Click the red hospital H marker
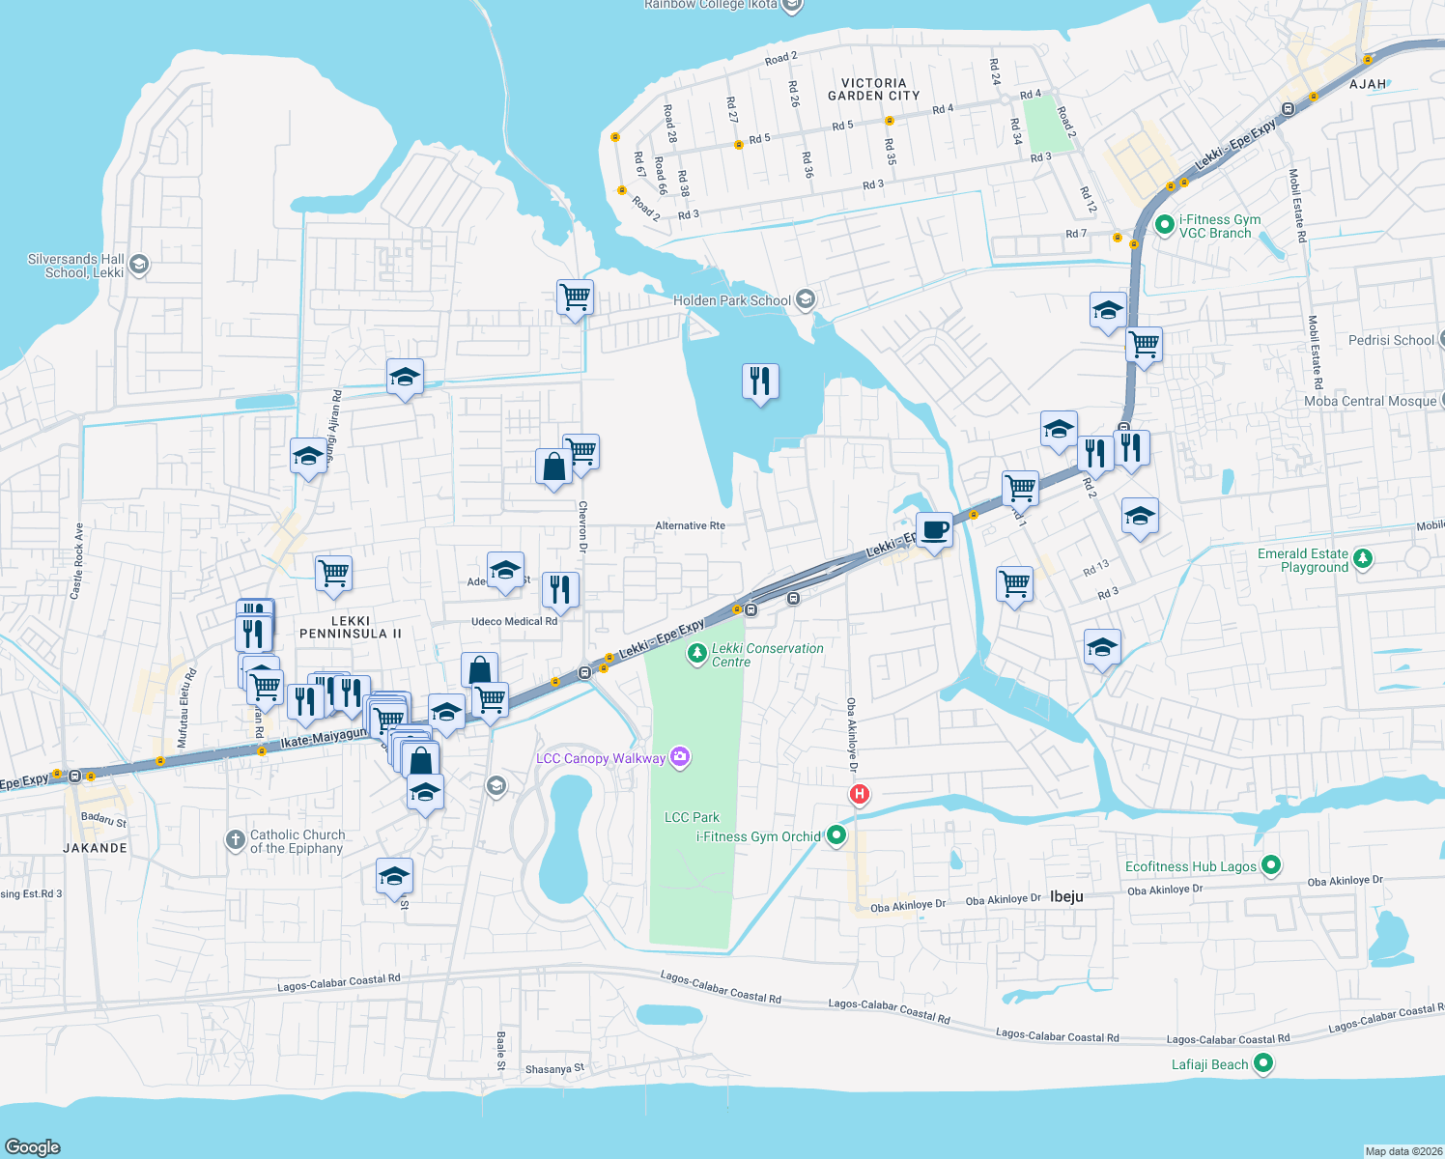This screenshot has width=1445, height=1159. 859,795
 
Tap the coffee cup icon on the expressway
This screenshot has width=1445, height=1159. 934,530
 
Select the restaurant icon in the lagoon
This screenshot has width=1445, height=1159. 760,382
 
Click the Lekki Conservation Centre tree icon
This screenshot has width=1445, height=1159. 695,655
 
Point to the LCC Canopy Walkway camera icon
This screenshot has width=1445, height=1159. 680,757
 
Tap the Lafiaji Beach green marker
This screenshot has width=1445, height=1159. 1262,1064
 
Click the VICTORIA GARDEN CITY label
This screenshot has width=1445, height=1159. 873,90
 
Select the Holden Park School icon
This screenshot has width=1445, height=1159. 806,300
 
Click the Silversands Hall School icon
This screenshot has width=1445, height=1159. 139,266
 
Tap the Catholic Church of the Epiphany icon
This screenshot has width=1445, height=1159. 236,840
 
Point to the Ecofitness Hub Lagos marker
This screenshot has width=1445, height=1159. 1271,866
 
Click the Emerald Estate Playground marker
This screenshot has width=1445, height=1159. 1363,559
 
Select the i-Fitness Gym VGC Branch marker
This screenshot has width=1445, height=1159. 1165,226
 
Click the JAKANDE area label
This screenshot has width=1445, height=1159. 95,848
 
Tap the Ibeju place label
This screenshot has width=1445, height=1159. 1066,896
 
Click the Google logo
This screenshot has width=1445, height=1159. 33,1146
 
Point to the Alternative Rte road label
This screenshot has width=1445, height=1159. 690,526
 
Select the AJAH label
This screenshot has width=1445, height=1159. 1368,84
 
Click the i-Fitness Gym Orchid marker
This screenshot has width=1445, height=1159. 836,836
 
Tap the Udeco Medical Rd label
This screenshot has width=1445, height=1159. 514,622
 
